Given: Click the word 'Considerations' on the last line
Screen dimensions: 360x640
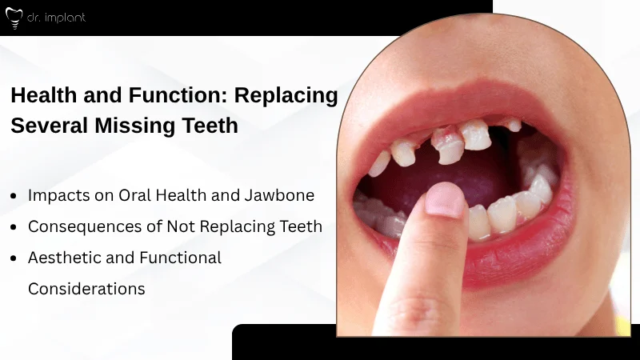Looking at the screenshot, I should (86, 289).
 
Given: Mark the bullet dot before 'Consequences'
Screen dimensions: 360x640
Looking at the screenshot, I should (14, 227).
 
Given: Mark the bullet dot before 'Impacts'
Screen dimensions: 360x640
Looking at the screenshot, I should (14, 196).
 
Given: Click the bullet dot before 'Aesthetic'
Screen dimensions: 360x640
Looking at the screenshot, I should (14, 258).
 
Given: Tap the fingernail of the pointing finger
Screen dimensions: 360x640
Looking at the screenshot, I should (444, 201).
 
